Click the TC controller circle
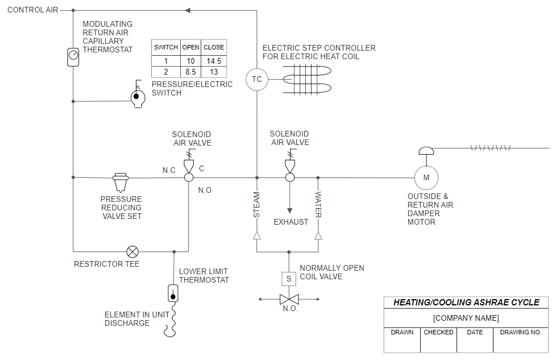click(256, 79)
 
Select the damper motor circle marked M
click(426, 178)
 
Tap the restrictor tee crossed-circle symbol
click(132, 251)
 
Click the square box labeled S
click(289, 279)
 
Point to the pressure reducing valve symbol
click(121, 182)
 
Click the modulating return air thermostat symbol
click(73, 56)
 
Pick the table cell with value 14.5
click(214, 61)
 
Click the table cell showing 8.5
click(190, 72)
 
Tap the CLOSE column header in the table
click(214, 47)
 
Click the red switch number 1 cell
click(166, 61)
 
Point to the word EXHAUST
click(291, 222)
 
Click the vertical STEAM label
click(256, 205)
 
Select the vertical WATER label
click(318, 205)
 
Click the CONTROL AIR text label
click(32, 10)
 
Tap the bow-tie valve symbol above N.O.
click(289, 299)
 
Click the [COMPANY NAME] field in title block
click(466, 318)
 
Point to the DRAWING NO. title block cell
click(520, 332)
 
